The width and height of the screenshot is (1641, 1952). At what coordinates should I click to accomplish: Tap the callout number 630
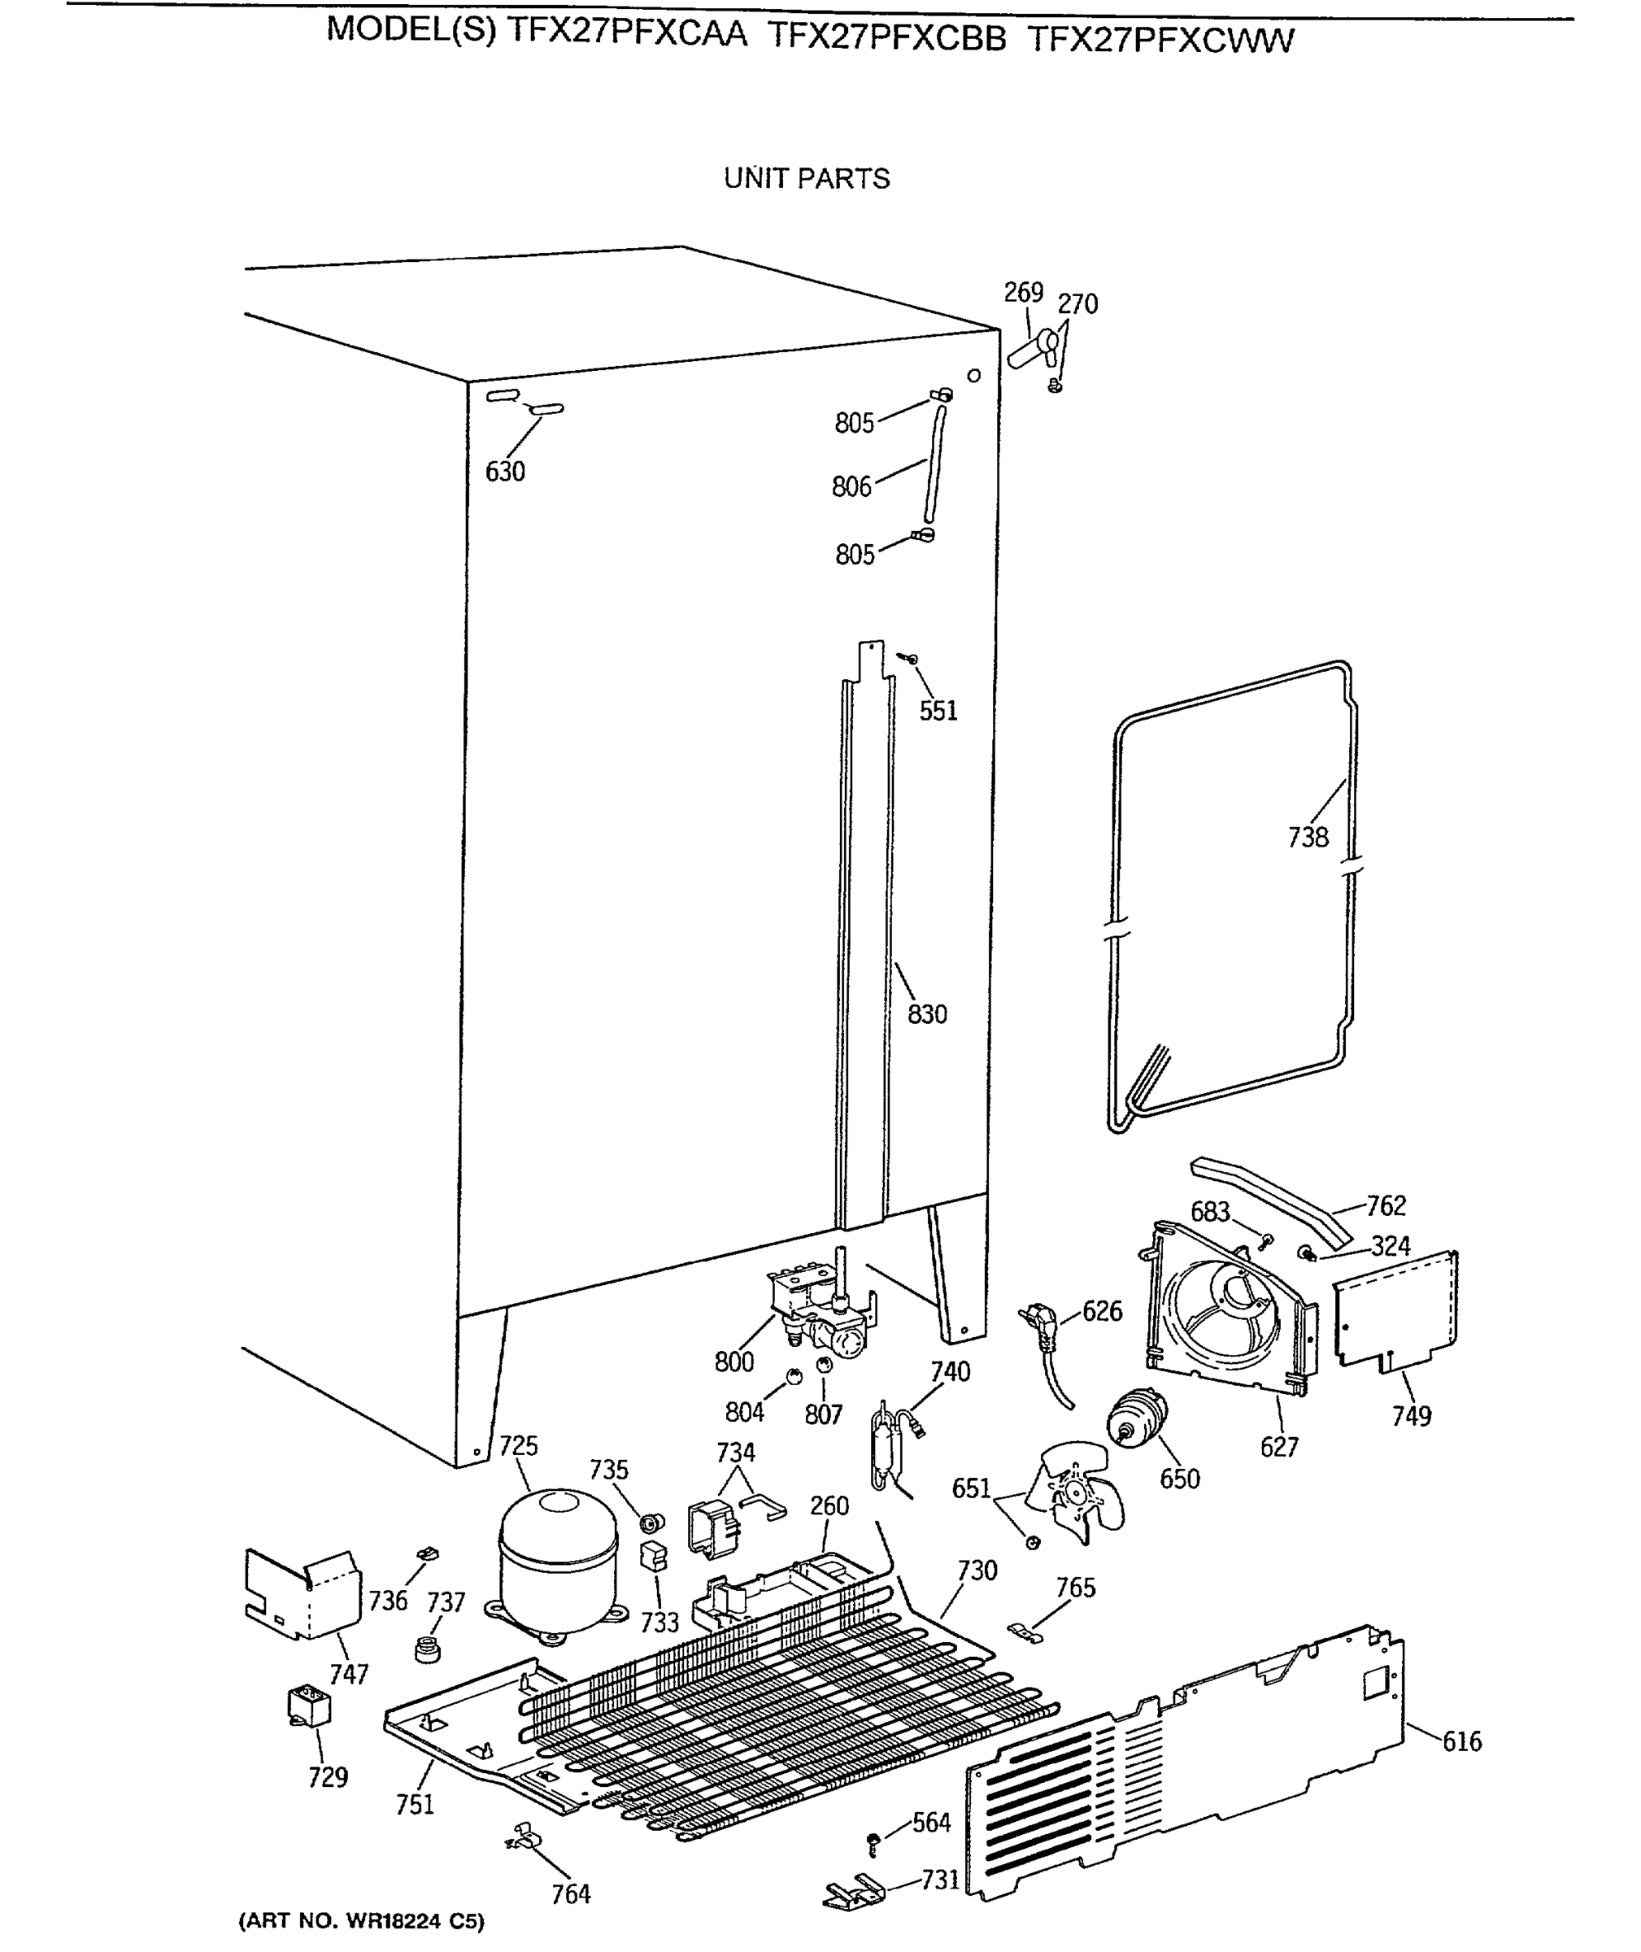coord(505,472)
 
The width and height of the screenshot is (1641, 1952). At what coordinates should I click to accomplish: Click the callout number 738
coord(1307,838)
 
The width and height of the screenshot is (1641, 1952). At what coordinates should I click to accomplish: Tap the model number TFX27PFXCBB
coord(886,37)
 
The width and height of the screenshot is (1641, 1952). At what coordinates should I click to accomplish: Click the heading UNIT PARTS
coord(807,179)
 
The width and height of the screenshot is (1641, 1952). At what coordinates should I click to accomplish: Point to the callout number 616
coord(1461,1741)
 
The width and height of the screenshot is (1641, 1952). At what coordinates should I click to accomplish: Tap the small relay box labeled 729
coord(309,1708)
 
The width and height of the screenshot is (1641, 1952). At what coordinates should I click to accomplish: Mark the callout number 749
coord(1410,1416)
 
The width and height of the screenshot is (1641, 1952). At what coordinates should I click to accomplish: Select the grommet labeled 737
coord(426,1649)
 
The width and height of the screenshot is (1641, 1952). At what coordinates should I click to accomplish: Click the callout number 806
coord(851,486)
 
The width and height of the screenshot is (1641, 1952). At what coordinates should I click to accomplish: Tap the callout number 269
coord(1023,292)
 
